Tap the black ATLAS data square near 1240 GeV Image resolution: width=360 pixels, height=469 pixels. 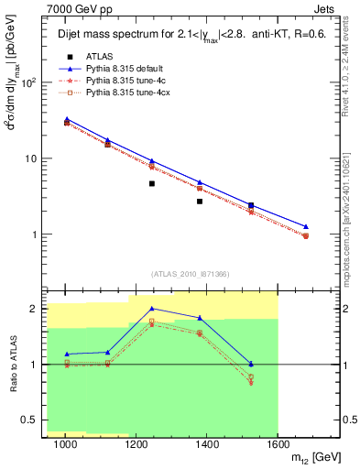(152, 184)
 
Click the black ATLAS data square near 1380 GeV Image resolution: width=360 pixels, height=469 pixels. (200, 202)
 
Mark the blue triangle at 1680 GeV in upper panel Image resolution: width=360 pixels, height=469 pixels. (306, 226)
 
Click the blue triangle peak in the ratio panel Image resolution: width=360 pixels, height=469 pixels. (152, 309)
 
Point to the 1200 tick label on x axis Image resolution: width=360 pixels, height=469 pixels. (136, 443)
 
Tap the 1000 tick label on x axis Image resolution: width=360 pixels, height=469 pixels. (65, 443)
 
